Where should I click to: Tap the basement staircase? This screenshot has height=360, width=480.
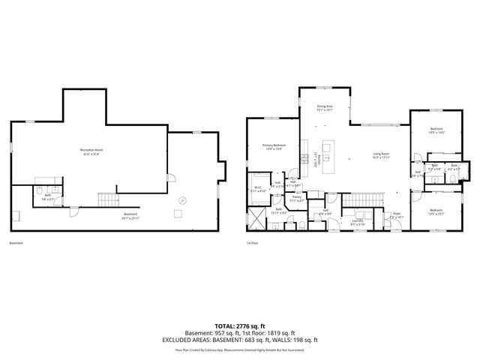click(109, 199)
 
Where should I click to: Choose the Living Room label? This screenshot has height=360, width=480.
click(382, 154)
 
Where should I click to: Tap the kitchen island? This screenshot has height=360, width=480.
click(328, 157)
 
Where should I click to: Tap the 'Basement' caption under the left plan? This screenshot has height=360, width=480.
click(16, 243)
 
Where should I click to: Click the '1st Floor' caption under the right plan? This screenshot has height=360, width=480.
click(252, 243)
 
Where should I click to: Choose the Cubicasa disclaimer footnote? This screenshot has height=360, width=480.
click(239, 349)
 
